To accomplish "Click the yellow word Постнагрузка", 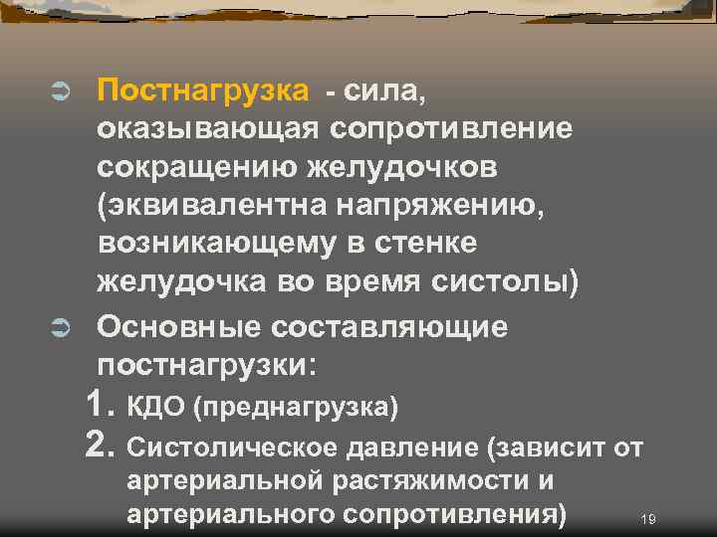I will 203,92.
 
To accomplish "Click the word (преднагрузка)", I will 296,407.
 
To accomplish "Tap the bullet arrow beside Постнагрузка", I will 58,92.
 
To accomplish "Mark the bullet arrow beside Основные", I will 58,327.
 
